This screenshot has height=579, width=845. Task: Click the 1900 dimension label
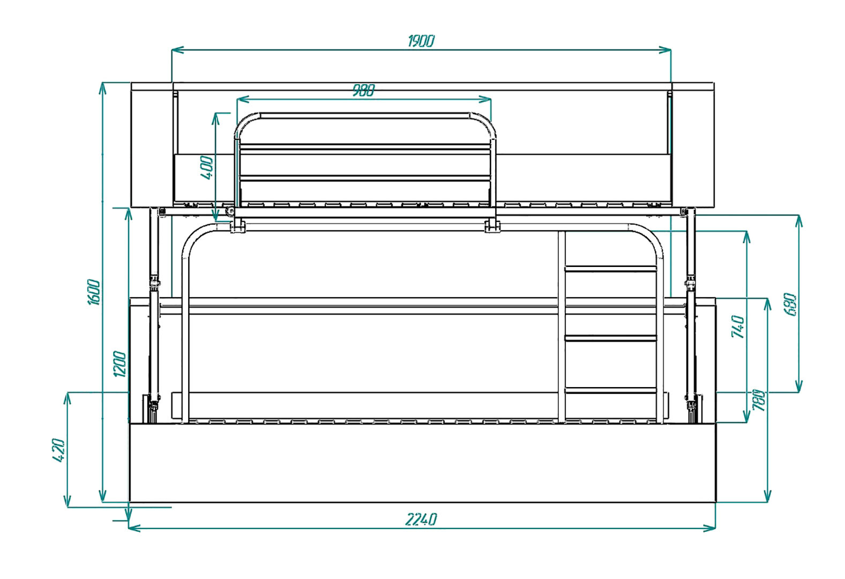click(x=421, y=41)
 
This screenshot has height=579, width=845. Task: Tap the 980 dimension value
click(x=364, y=91)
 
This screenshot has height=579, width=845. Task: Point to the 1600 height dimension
click(x=94, y=292)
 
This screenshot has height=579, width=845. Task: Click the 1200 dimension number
click(x=119, y=364)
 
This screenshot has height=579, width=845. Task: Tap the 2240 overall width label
click(x=421, y=519)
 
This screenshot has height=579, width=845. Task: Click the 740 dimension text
click(x=738, y=327)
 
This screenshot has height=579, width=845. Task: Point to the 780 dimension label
click(x=759, y=400)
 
